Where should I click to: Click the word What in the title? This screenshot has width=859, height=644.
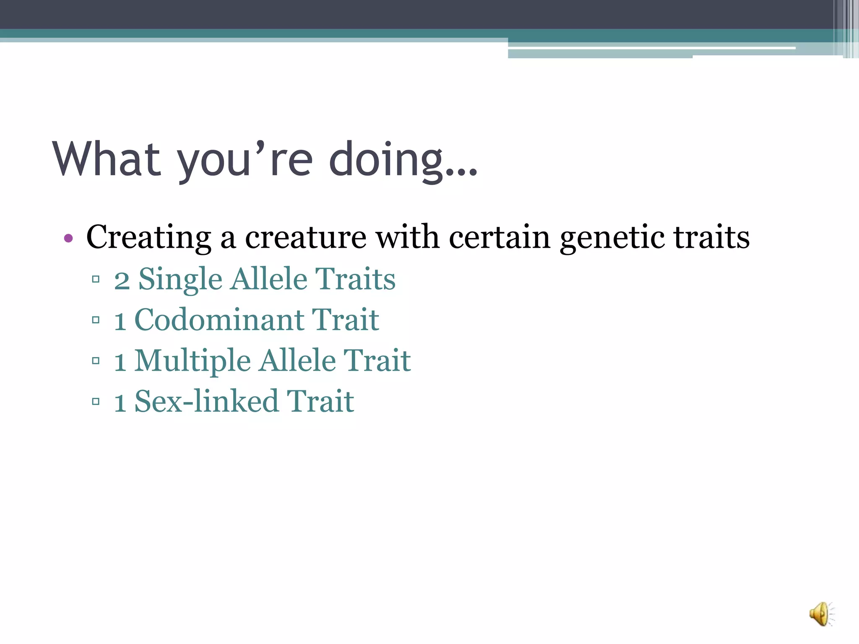[107, 159]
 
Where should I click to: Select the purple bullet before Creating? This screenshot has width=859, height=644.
[68, 239]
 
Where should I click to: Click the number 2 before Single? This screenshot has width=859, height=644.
[122, 280]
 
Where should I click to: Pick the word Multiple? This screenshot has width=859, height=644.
[193, 361]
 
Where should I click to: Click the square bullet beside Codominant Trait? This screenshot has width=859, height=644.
[96, 320]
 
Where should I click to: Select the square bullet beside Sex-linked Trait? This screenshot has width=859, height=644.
[96, 402]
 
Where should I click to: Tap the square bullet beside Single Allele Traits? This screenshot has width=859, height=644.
[96, 279]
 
